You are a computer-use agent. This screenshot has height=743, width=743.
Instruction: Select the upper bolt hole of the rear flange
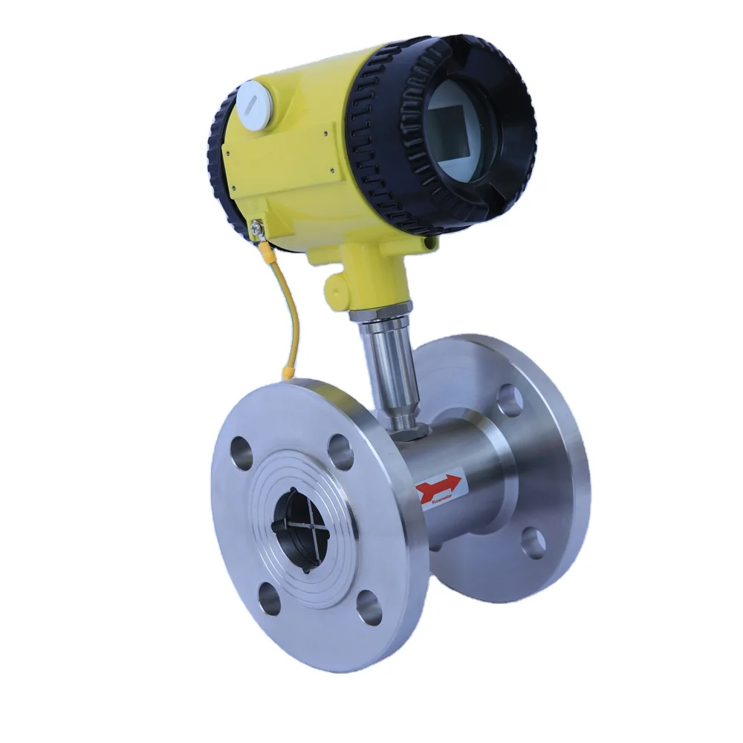coord(509,400)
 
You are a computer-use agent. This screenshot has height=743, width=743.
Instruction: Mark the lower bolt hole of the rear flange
coord(531,543)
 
